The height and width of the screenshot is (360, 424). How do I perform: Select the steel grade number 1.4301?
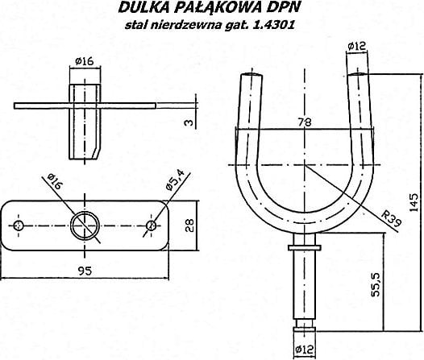point(273,25)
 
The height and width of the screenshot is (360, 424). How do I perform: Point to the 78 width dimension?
point(305,122)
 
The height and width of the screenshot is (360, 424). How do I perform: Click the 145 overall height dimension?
point(414,202)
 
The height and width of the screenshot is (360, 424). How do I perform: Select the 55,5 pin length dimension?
point(376,284)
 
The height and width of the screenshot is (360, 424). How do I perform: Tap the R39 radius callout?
point(391,218)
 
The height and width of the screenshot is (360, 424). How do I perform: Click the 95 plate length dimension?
point(85,271)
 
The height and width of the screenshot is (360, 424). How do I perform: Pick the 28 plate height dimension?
point(189,226)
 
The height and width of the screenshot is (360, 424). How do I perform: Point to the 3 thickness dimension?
point(189,122)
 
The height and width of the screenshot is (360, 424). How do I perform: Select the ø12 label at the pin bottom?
point(305,350)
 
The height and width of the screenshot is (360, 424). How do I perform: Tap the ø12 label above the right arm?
point(356,46)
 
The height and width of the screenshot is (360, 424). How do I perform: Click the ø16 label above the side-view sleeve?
point(85,61)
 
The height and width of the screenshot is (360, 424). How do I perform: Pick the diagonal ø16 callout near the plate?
point(55,181)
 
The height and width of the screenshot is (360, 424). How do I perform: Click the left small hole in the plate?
point(19,226)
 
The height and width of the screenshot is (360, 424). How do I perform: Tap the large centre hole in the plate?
point(85,226)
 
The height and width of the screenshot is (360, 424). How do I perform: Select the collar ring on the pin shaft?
point(305,248)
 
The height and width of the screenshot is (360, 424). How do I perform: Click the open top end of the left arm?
point(251,75)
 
